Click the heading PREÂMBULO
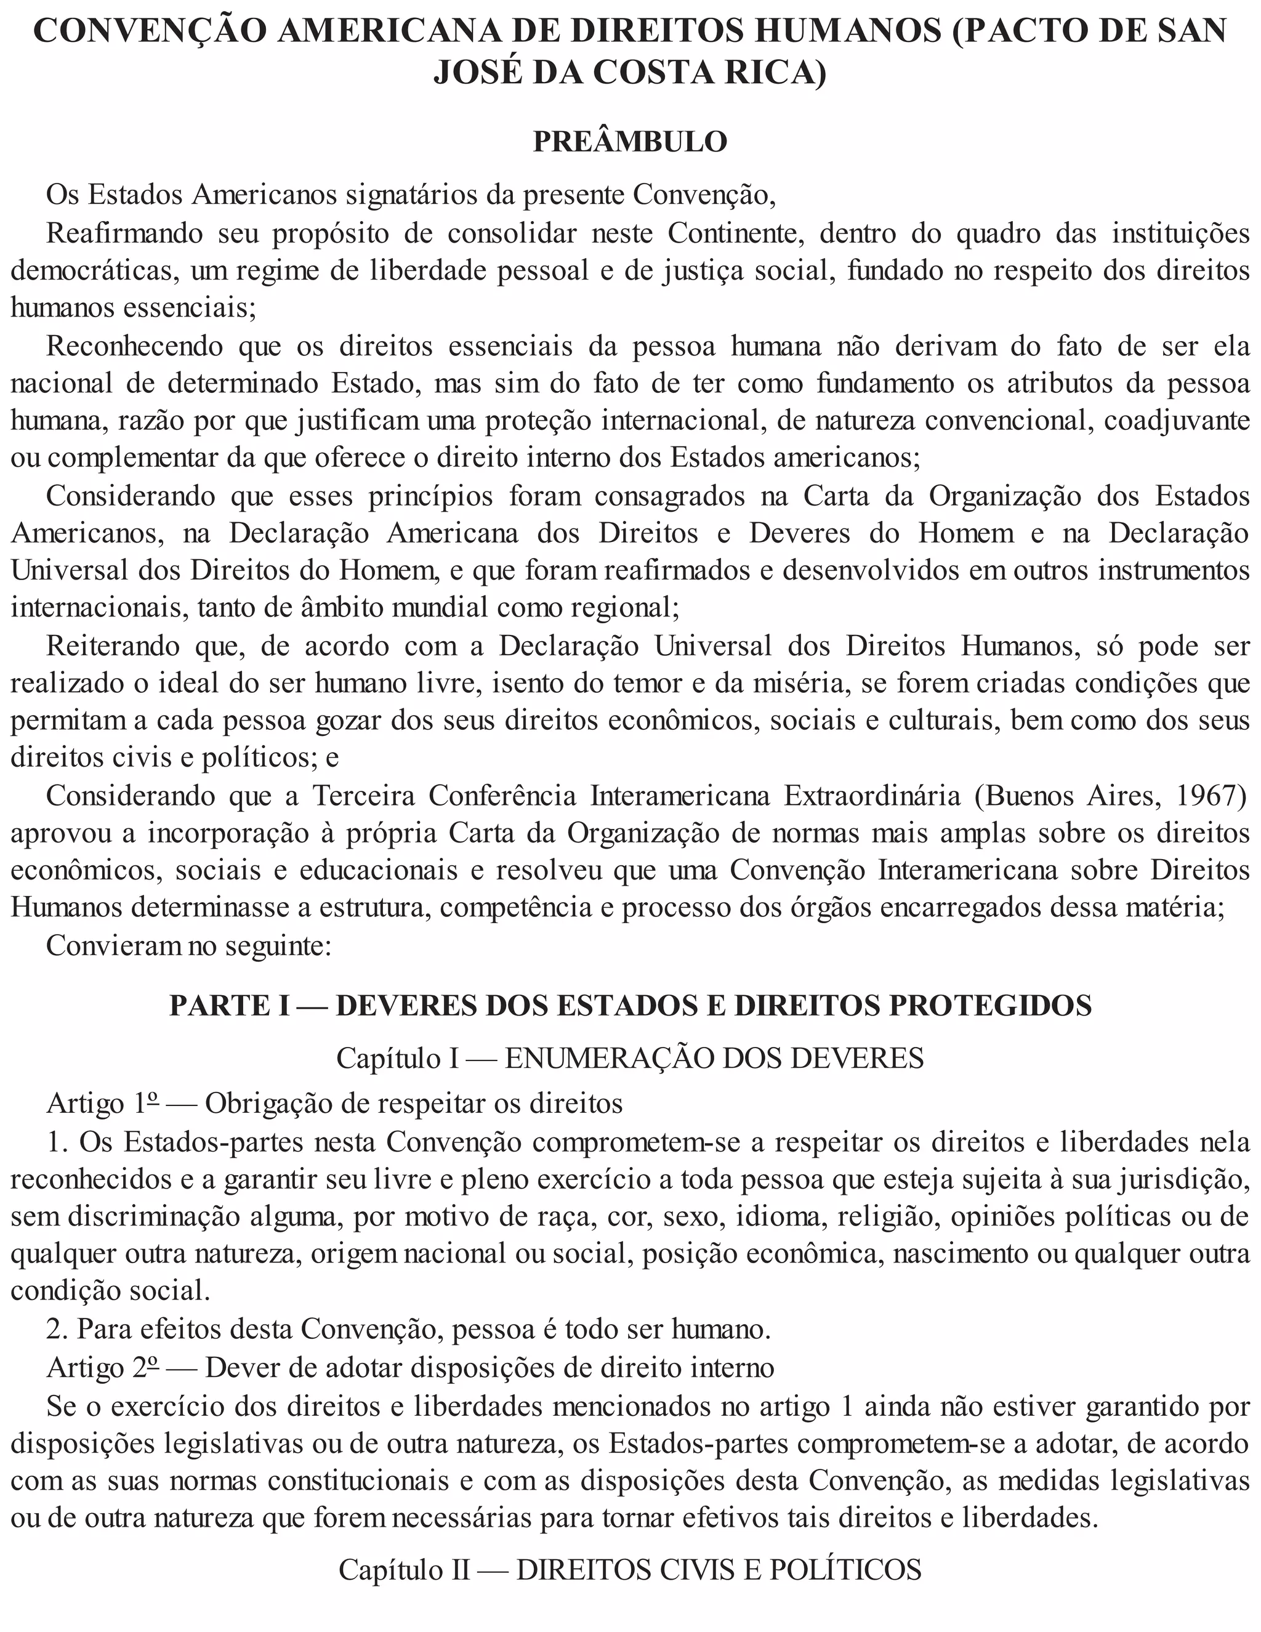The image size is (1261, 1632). coord(630,142)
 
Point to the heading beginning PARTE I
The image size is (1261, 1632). coord(630,1005)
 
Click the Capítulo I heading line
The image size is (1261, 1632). coord(630,1058)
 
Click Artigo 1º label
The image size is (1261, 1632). coord(102,1104)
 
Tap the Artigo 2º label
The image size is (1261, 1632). coord(102,1367)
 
